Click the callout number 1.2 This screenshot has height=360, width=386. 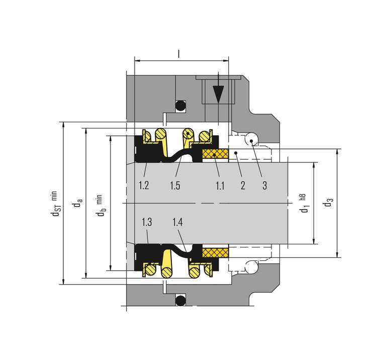tap(144, 185)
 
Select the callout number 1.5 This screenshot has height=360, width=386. tap(175, 186)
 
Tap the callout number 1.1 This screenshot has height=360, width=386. tap(220, 186)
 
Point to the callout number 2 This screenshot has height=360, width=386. tap(243, 186)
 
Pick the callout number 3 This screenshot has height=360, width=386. tap(265, 186)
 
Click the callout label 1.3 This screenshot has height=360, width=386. tap(147, 222)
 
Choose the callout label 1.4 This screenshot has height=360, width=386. tap(177, 222)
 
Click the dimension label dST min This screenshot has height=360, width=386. tap(54, 204)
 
